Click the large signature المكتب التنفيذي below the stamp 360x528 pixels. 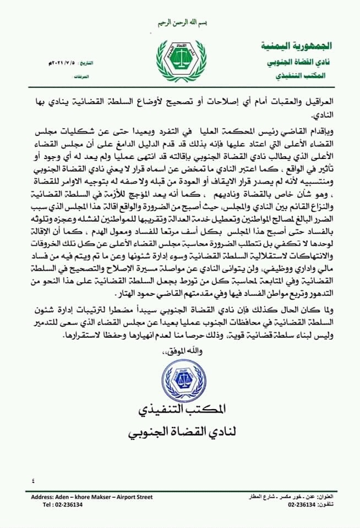tap(179, 414)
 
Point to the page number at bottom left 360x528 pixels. tap(34, 480)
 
